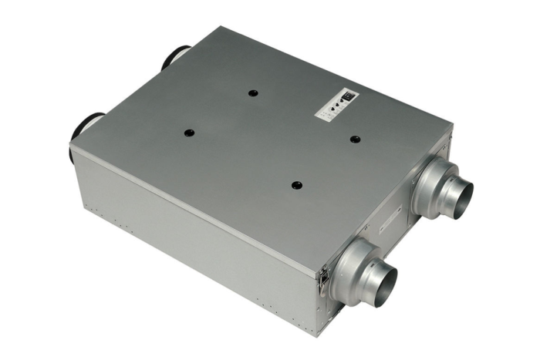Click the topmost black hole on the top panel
(x=252, y=93)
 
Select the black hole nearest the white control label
(x=355, y=140)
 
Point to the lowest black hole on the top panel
(x=297, y=184)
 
